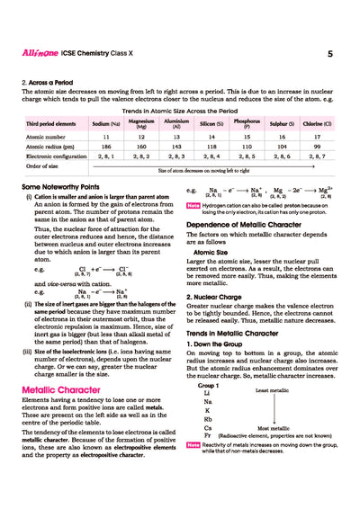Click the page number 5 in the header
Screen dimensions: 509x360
coord(330,55)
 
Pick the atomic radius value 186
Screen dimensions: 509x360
coord(105,145)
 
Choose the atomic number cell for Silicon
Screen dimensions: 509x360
coord(211,135)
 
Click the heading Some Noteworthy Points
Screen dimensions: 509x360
coord(61,185)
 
